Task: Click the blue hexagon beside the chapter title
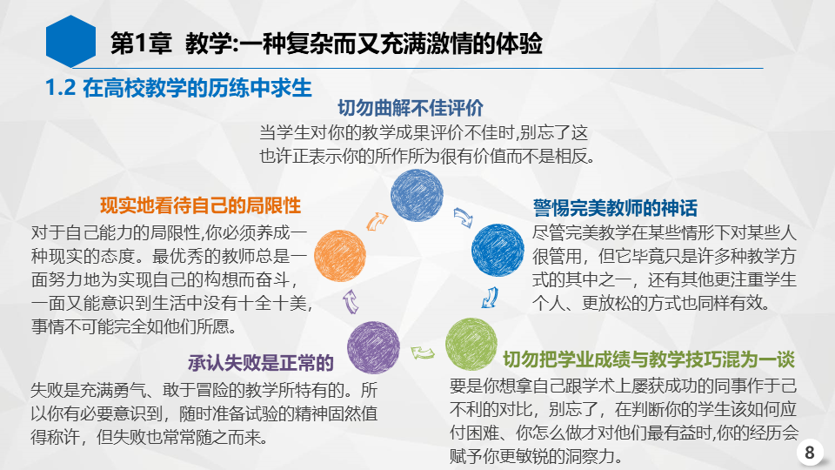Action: coord(70,42)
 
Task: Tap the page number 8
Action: coord(810,453)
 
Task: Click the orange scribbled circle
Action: coord(340,256)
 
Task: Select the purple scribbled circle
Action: coord(373,347)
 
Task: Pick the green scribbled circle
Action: coord(471,345)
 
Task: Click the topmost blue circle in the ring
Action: coord(417,195)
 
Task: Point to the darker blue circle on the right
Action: coord(498,251)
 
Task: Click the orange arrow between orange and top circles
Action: coord(377,221)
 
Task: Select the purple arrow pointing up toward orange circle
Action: coord(351,301)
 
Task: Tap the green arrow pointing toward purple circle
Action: coord(423,352)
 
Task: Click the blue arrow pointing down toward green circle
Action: coord(490,298)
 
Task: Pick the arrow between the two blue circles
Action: coord(463,218)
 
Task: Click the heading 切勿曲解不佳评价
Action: coord(410,108)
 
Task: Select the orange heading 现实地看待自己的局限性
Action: coord(200,205)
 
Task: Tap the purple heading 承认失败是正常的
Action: coord(260,364)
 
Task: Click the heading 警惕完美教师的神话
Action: coord(615,208)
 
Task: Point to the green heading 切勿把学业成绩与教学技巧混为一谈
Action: coord(649,359)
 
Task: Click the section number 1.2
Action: coord(60,88)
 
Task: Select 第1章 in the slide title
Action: coord(141,44)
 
